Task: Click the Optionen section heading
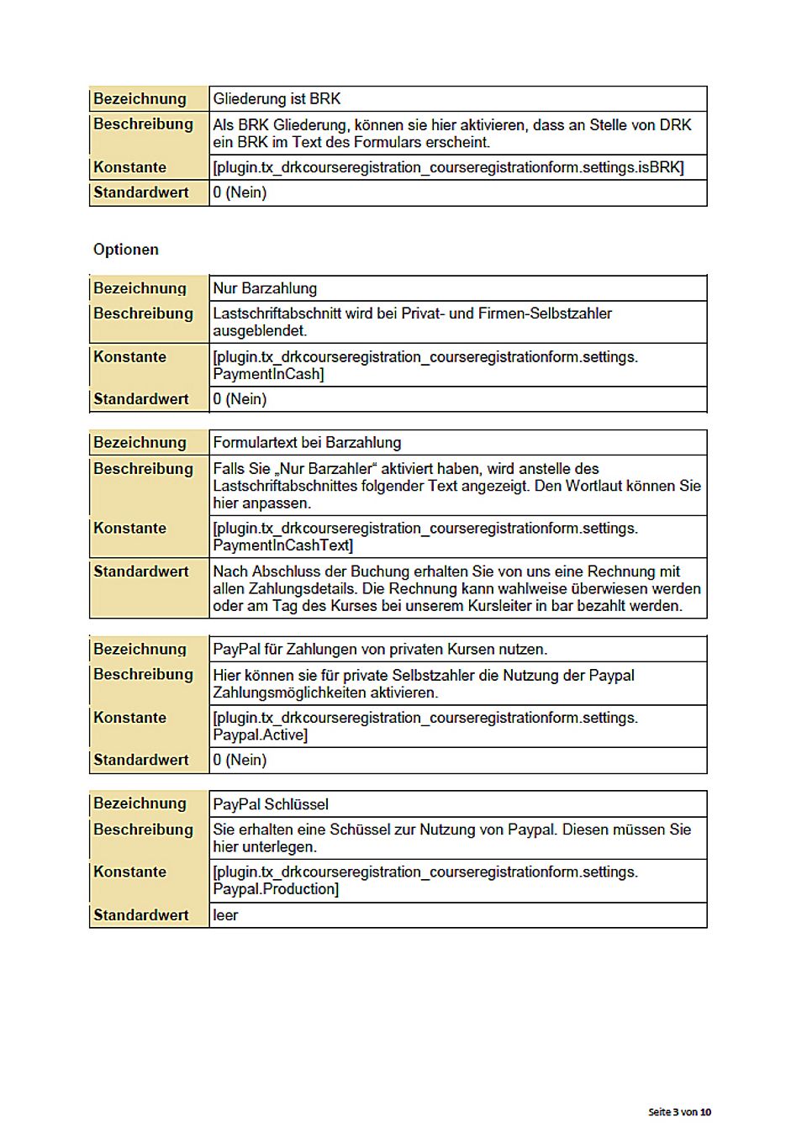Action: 126,250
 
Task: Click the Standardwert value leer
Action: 225,915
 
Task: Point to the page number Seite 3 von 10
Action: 679,1112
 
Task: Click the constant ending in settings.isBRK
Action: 448,167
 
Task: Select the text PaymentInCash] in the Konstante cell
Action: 268,374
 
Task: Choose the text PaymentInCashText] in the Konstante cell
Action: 283,545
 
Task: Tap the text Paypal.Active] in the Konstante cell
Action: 261,735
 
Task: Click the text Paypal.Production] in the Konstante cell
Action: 276,889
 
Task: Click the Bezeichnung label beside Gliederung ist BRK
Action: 140,99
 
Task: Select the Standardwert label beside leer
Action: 141,915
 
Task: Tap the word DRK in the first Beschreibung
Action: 675,125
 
